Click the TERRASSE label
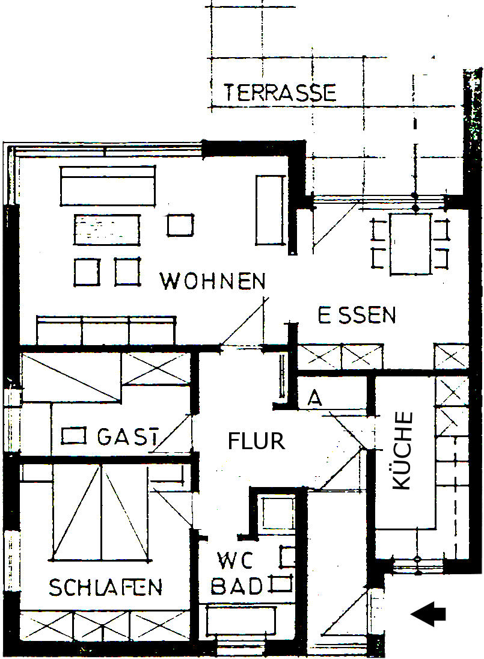pyautogui.click(x=280, y=93)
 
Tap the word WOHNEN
pyautogui.click(x=213, y=281)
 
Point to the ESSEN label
pyautogui.click(x=357, y=315)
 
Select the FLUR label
pyautogui.click(x=256, y=441)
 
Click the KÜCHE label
pyautogui.click(x=402, y=450)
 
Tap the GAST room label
pyautogui.click(x=128, y=437)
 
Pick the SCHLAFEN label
pyautogui.click(x=105, y=587)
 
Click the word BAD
pyautogui.click(x=236, y=586)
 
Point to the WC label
pyautogui.click(x=236, y=560)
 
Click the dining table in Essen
pyautogui.click(x=411, y=244)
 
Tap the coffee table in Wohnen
pyautogui.click(x=106, y=230)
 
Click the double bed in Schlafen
pyautogui.click(x=101, y=512)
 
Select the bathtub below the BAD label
pyautogui.click(x=240, y=621)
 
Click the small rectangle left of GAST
pyautogui.click(x=74, y=436)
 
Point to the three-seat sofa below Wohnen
pyautogui.click(x=106, y=330)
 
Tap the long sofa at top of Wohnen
pyautogui.click(x=108, y=186)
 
